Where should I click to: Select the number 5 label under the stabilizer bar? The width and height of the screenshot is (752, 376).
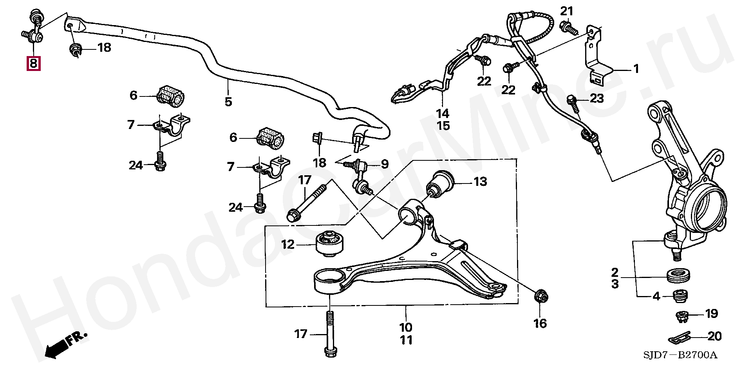tap(228, 102)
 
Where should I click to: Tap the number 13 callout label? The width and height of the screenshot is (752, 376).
tap(480, 182)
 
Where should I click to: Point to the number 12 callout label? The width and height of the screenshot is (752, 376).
tap(287, 245)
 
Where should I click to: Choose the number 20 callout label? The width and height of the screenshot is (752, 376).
tap(715, 336)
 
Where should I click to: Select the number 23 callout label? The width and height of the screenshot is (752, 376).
tap(597, 98)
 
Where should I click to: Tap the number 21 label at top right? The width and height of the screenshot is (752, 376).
tap(566, 11)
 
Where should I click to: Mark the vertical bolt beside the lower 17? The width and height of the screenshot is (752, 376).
tap(330, 333)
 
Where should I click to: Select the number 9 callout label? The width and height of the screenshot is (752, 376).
tap(384, 164)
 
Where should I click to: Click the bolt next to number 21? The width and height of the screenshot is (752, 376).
tap(568, 28)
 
